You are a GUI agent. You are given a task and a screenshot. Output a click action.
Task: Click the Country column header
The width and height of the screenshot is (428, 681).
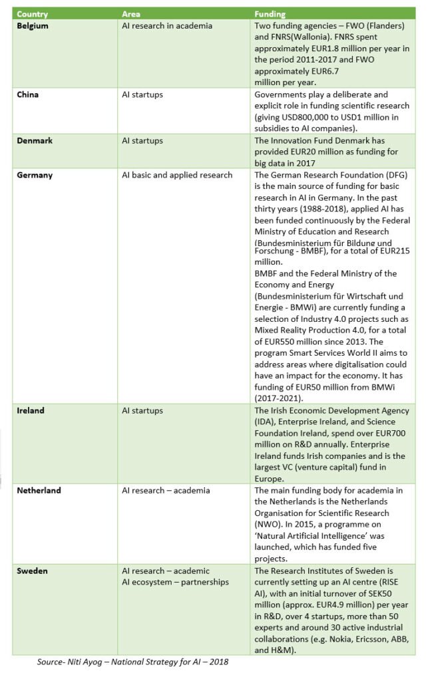click(x=32, y=14)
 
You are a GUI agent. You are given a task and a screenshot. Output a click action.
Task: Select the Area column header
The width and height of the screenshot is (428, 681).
click(x=130, y=14)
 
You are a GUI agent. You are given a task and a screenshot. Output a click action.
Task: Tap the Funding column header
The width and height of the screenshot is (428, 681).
click(x=270, y=14)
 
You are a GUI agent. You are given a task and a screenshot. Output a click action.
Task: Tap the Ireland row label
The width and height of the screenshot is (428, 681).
click(x=31, y=410)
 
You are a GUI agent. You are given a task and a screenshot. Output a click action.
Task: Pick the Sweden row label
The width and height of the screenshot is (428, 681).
click(x=33, y=571)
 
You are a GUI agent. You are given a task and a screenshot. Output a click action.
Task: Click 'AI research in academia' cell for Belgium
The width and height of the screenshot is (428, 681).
click(x=167, y=26)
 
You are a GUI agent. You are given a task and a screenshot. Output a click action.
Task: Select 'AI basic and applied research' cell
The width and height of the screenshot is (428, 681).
click(x=177, y=175)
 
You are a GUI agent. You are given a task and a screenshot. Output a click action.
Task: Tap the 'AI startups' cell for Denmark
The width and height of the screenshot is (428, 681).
click(x=142, y=140)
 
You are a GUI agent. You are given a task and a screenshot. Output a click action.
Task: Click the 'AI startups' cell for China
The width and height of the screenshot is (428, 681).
click(x=142, y=94)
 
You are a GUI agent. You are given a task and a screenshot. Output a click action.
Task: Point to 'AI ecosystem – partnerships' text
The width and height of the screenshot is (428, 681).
click(x=175, y=582)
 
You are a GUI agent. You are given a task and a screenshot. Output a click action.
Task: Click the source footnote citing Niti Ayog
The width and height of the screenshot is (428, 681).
click(x=132, y=662)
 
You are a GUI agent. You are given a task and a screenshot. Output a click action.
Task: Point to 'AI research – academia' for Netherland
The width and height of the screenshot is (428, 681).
click(x=166, y=490)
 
